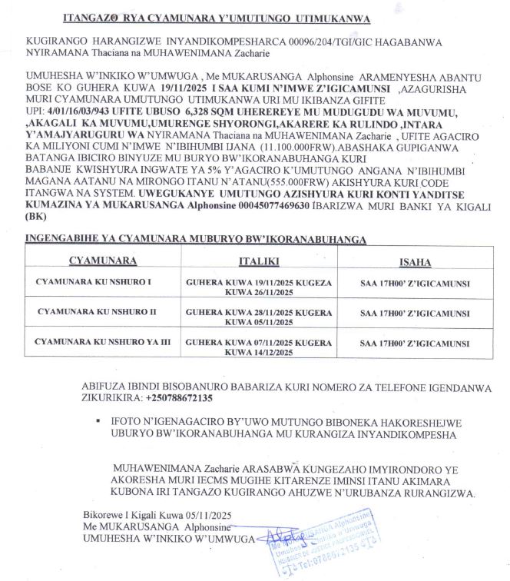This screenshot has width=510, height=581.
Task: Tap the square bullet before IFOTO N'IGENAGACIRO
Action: (x=99, y=422)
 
